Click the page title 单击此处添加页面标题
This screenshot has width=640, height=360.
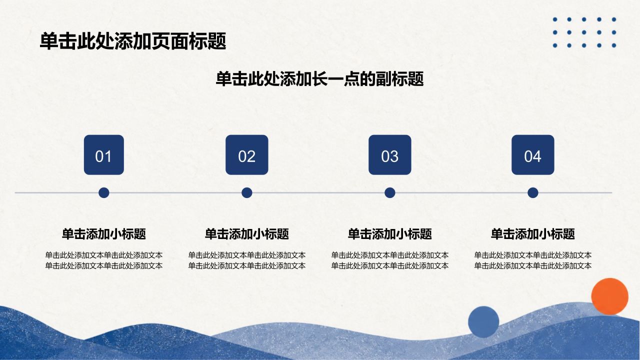coord(133,41)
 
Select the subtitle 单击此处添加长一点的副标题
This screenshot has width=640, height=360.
coord(319,79)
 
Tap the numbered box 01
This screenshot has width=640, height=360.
coord(103,155)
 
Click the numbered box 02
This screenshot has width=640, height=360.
coord(247,155)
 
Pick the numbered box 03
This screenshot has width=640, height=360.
coord(389,155)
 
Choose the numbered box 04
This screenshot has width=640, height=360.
coord(533,155)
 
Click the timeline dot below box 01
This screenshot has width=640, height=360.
coord(103,193)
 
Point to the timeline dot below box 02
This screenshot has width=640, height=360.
coord(247,193)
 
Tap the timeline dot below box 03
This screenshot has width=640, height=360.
coord(389,193)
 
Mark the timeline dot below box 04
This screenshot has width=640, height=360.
coord(533,193)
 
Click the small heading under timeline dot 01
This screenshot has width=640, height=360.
coord(103,234)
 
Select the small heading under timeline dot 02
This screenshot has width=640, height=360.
coord(247,234)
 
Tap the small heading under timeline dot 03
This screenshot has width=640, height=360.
coord(389,234)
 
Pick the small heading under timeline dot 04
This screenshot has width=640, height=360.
coord(533,234)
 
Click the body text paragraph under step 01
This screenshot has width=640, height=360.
coord(103,260)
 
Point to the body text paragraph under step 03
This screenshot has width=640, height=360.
coord(389,260)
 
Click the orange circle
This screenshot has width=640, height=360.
coord(609,296)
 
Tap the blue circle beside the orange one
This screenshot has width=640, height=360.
coord(483,322)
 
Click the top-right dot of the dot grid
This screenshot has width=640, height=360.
coord(614,19)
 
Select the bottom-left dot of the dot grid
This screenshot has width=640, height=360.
coord(555,45)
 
